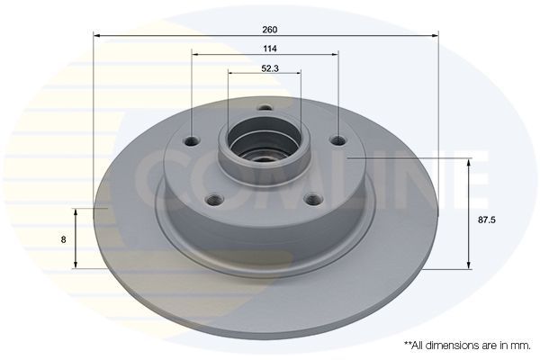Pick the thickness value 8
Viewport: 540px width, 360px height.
(x=61, y=240)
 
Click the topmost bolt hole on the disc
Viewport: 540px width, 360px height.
(x=265, y=109)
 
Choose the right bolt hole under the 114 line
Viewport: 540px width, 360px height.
(x=337, y=140)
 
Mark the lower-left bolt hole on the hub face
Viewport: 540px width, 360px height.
(x=214, y=200)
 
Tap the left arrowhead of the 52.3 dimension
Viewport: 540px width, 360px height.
(x=231, y=73)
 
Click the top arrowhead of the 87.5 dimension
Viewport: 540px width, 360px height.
(x=468, y=161)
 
